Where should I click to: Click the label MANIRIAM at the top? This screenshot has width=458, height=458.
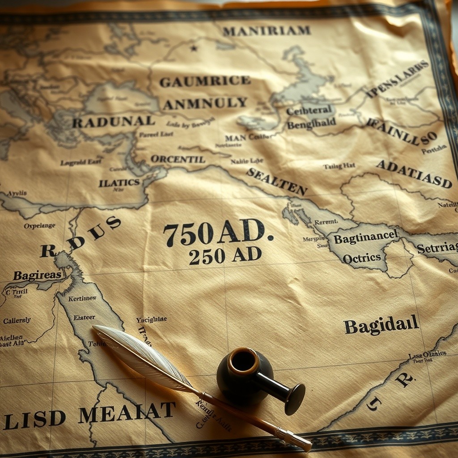pos(266,31)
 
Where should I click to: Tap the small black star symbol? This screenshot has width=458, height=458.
pos(194,48)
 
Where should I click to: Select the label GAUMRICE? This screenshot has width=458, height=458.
pos(205,81)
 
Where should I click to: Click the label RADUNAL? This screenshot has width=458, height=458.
pos(114,121)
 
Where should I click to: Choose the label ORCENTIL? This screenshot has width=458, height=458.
pos(178,159)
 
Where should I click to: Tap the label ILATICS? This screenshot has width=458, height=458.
pos(119,182)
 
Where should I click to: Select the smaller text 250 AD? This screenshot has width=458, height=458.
pos(225,255)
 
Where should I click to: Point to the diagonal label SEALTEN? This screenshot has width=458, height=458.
pos(277,181)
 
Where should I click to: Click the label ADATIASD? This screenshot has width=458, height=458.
pos(414,174)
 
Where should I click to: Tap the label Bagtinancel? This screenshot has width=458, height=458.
pos(365,237)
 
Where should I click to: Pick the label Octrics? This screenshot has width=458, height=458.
pos(362,258)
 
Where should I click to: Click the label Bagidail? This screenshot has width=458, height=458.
pos(382,325)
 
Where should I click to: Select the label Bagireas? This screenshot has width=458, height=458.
pos(37,275)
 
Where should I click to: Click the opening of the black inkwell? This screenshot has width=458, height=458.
pos(244,360)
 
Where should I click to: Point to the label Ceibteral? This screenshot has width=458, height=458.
pos(309,110)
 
